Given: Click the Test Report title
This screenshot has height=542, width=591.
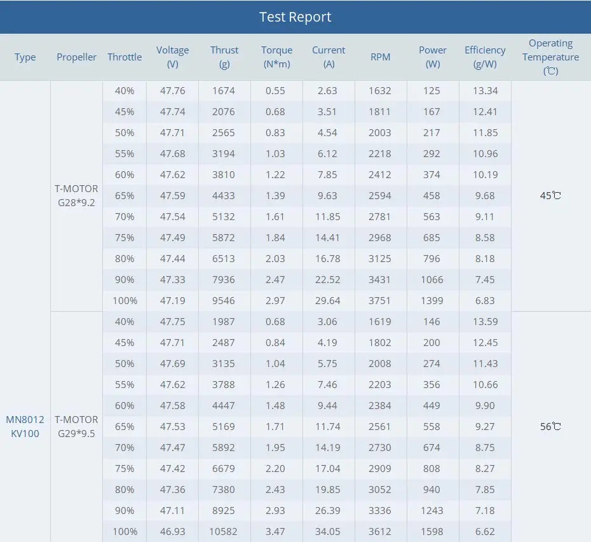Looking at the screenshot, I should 295,17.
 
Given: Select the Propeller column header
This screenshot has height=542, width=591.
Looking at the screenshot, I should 76,57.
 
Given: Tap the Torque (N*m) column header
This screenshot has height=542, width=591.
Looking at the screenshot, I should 276,57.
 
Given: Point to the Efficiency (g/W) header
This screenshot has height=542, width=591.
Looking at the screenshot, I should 485,57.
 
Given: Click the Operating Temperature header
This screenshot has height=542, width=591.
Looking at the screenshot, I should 550,57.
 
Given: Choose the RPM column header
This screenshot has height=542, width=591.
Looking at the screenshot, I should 380,57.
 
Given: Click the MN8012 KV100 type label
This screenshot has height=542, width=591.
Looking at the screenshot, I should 25,426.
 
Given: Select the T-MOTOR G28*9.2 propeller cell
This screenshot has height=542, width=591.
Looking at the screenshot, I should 76,195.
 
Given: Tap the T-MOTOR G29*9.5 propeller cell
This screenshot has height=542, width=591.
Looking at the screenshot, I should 76,426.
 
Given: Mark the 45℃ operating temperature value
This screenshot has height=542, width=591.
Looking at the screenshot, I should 550,195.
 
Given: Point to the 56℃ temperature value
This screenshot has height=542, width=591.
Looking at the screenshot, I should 550,426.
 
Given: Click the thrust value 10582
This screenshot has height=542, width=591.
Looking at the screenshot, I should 224,531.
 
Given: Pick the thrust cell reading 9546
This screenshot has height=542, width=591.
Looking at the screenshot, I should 224,300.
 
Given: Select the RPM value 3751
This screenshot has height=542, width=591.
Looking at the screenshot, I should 380,300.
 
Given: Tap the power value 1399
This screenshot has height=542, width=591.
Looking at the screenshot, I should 431,300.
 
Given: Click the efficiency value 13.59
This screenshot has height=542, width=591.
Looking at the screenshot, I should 485,321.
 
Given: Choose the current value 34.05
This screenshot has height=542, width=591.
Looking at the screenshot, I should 328,531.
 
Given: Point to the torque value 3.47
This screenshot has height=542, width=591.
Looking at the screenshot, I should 276,531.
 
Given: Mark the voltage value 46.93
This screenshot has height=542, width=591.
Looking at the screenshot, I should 173,531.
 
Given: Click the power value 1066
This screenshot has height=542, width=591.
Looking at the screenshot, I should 431,279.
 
